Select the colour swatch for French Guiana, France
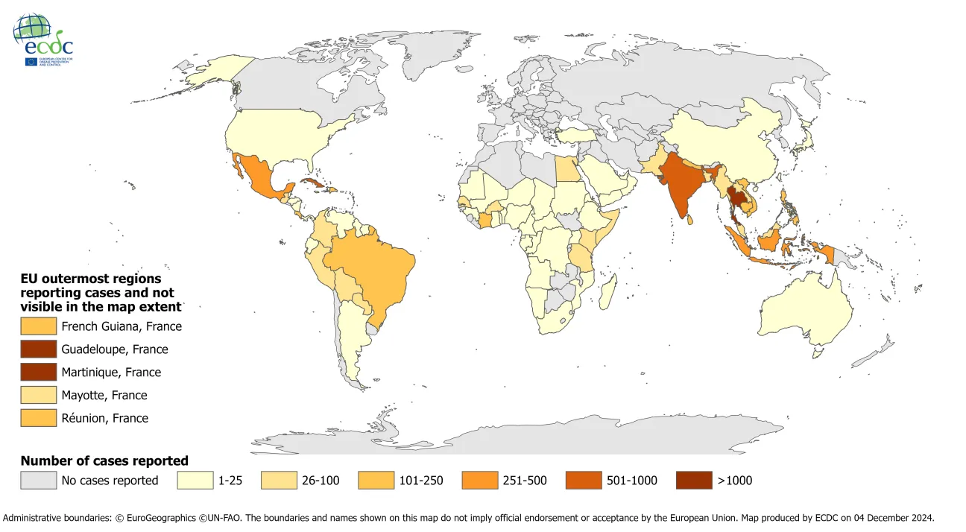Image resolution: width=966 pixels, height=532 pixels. [x=38, y=326]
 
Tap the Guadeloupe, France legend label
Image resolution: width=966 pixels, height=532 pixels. [x=115, y=349]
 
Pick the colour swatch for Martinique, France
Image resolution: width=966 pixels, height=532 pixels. [x=38, y=372]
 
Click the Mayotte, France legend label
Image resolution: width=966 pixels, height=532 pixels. [x=104, y=395]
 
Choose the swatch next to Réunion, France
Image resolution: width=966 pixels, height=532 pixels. [x=38, y=418]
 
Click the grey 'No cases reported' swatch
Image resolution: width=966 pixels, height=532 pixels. [x=38, y=480]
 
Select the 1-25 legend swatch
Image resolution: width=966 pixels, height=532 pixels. [x=195, y=480]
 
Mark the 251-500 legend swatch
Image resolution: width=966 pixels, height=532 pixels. [x=480, y=480]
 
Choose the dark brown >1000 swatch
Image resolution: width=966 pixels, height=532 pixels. [x=694, y=480]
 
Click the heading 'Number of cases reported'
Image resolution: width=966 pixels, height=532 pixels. [x=104, y=460]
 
